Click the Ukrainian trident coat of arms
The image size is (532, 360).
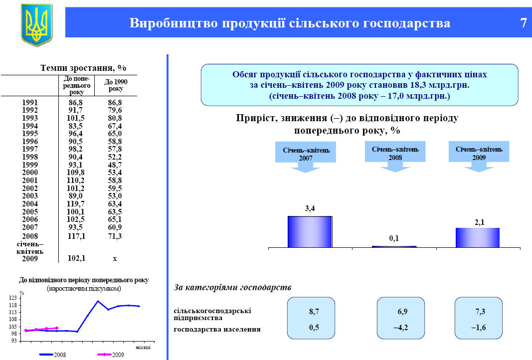tap(36, 24)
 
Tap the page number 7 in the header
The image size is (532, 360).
tap(524, 23)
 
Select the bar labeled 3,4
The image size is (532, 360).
tap(310, 232)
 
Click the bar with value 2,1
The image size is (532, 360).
tap(478, 237)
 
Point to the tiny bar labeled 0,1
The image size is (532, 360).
tap(394, 247)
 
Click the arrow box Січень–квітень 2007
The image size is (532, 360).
tap(306, 157)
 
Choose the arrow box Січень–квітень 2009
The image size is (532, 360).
tap(479, 156)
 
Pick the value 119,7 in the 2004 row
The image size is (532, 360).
tap(76, 204)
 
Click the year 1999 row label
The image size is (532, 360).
tap(30, 165)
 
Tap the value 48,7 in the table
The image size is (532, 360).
tap(115, 165)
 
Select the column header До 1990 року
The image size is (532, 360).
tap(116, 85)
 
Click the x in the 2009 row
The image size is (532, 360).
tap(115, 259)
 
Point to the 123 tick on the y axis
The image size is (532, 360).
tap(12, 298)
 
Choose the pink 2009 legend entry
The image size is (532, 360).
tap(111, 355)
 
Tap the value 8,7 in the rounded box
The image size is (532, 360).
tap(314, 312)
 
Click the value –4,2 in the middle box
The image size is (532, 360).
tap(401, 328)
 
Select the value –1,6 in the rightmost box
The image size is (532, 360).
tap(478, 328)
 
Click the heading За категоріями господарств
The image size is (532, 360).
tap(232, 287)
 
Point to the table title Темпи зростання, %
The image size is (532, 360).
tap(83, 68)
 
